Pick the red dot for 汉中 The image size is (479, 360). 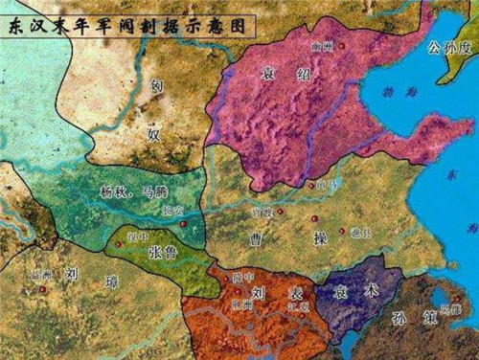119,243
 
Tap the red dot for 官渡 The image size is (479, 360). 280,210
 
